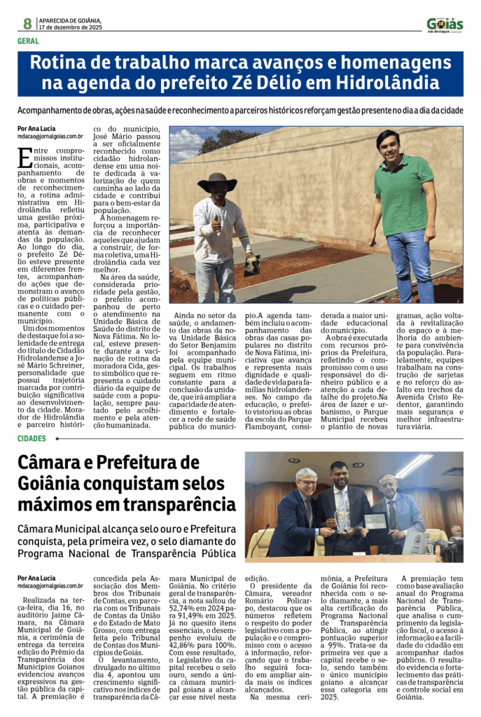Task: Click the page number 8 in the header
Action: pyautogui.click(x=27, y=23)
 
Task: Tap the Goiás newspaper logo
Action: pyautogui.click(x=445, y=25)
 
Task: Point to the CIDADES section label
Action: pyautogui.click(x=32, y=438)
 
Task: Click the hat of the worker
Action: pyautogui.click(x=217, y=183)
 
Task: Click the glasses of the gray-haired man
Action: pyautogui.click(x=307, y=482)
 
